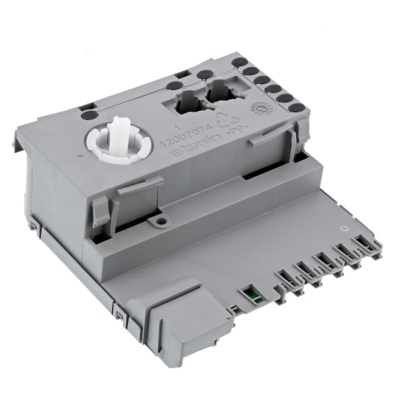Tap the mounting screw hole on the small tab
(x=161, y=222)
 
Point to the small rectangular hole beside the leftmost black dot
(x=84, y=105)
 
